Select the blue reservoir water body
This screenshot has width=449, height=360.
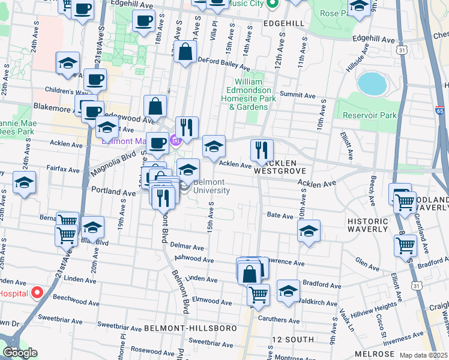coord(372,84)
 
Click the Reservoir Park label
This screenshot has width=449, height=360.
coord(370,115)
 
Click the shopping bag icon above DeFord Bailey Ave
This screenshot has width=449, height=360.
coord(186,52)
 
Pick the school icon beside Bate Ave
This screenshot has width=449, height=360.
coord(309,230)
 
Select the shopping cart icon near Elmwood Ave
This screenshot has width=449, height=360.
coord(258,295)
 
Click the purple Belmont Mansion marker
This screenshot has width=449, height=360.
coord(175,142)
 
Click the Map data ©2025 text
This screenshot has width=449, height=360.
coord(423,355)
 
